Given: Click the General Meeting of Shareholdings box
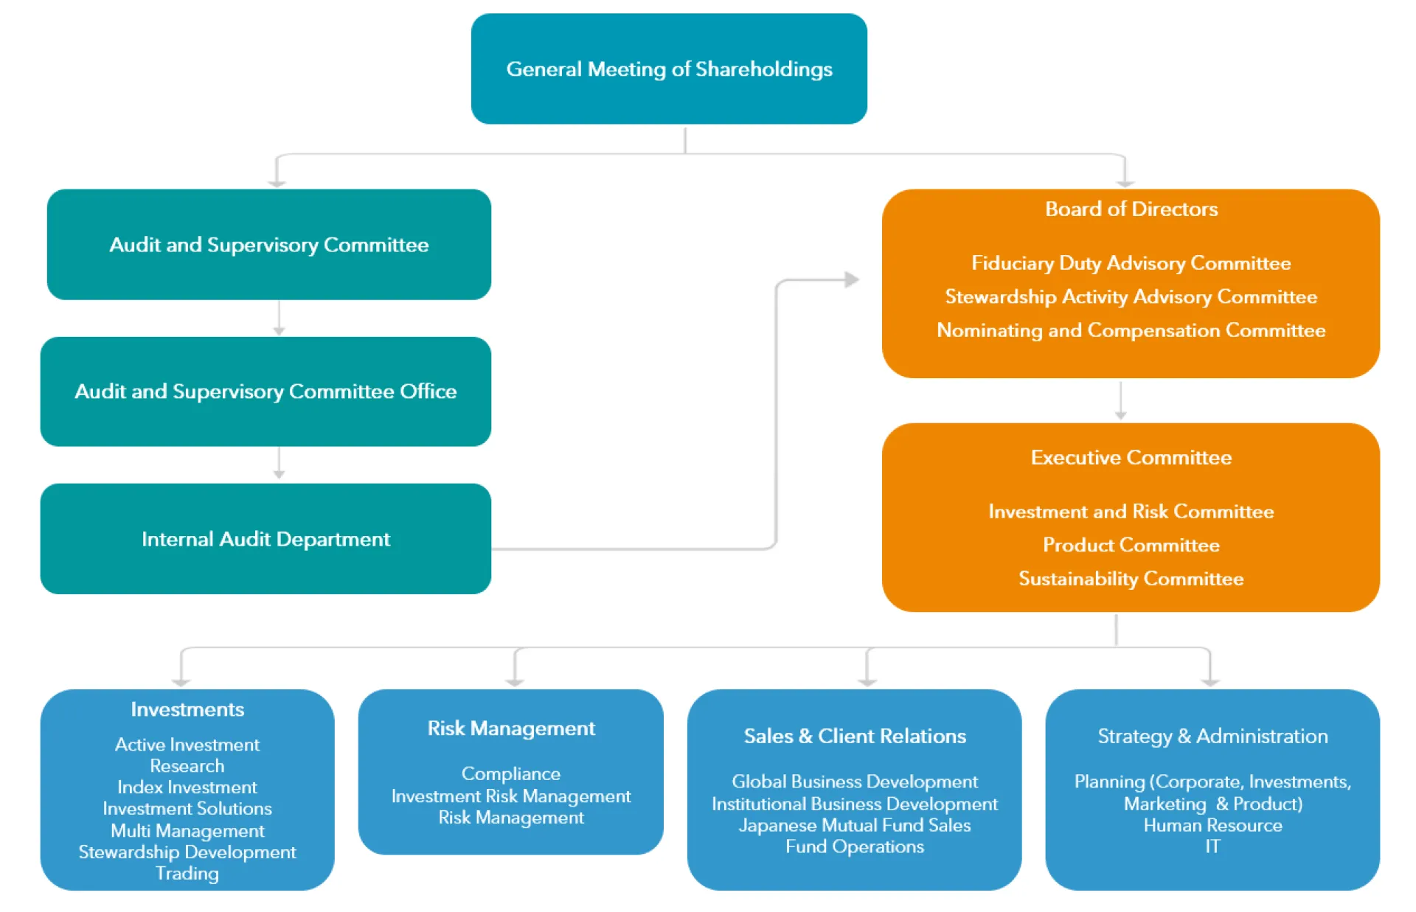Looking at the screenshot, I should (x=669, y=69).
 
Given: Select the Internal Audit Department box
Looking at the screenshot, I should (x=265, y=539).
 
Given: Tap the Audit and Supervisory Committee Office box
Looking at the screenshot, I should (x=265, y=391).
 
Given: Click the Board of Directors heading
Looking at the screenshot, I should (x=1131, y=209).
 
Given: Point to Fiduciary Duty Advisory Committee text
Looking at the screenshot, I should (x=1131, y=263).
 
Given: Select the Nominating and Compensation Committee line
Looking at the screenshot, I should (x=1131, y=330).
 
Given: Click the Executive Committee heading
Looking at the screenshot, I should (x=1131, y=458).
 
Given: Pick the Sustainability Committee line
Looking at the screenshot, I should (x=1131, y=579).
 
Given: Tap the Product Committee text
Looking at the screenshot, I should (x=1131, y=545).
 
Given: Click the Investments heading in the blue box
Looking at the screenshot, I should (x=187, y=709).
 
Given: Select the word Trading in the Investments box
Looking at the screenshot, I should (x=187, y=874).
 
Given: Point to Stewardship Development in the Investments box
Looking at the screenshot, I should (x=187, y=852).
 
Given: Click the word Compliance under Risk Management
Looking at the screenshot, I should (x=510, y=774).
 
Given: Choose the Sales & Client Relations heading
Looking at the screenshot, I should (x=854, y=736).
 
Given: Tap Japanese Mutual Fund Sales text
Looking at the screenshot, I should (x=854, y=826).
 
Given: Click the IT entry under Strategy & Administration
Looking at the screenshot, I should (x=1212, y=846).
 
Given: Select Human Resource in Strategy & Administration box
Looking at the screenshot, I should (x=1212, y=826).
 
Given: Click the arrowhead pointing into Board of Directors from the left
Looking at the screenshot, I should (x=852, y=279).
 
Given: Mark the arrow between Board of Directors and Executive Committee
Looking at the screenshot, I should (x=1120, y=401).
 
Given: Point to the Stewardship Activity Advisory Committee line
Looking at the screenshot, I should (x=1131, y=297).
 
